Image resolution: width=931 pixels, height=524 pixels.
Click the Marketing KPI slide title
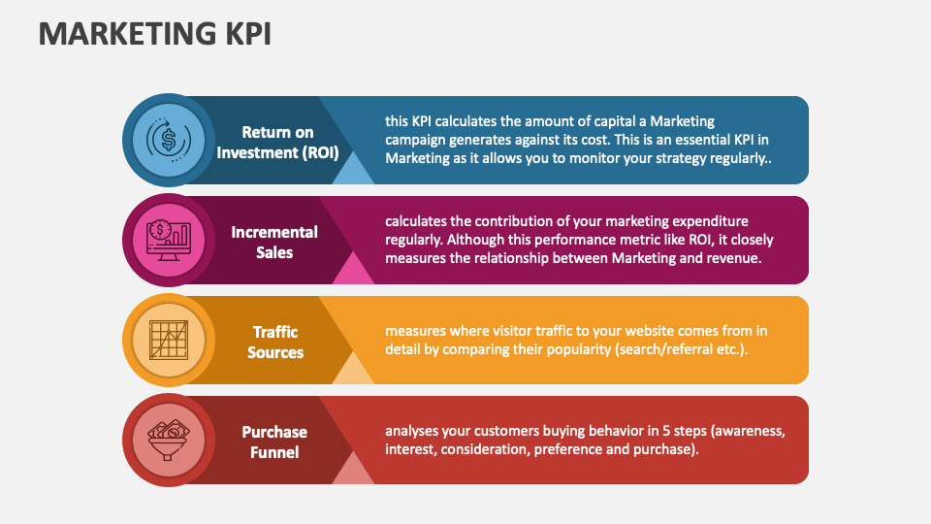pyautogui.click(x=155, y=33)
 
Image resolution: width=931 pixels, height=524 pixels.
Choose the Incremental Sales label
pyautogui.click(x=274, y=242)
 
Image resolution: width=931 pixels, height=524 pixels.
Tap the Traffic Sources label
pyautogui.click(x=274, y=342)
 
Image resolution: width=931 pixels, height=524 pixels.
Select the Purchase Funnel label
pyautogui.click(x=274, y=442)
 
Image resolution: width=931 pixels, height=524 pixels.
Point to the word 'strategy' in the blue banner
pyautogui.click(x=689, y=158)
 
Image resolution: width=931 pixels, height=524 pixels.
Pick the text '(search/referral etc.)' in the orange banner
pyautogui.click(x=681, y=349)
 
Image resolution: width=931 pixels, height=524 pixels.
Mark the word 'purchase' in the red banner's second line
pyautogui.click(x=664, y=449)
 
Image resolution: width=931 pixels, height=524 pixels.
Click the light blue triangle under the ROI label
pyautogui.click(x=354, y=173)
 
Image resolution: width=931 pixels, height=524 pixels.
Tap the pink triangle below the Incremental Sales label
pyautogui.click(x=354, y=273)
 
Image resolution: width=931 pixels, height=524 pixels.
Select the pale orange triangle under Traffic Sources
pyautogui.click(x=354, y=373)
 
